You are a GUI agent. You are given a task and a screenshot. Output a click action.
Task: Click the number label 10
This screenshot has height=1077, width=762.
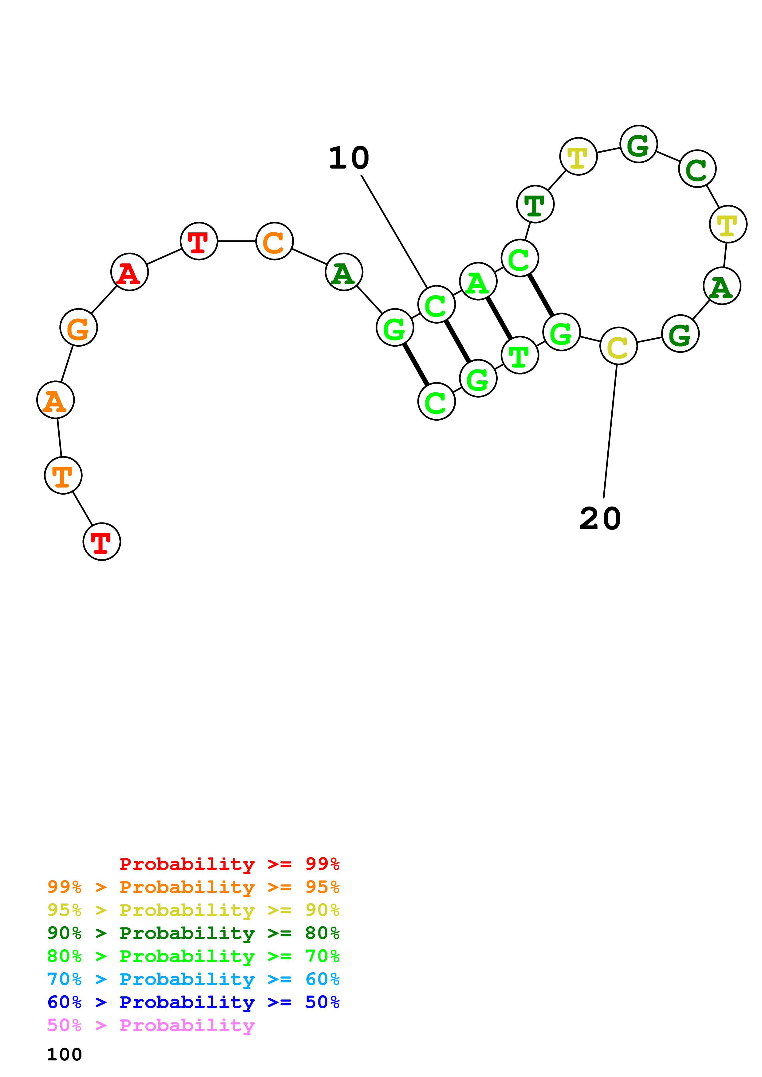coord(349,158)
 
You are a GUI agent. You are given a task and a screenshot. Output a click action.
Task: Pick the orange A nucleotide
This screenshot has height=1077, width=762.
coord(55,400)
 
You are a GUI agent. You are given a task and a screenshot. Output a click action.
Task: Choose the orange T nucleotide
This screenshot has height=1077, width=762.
coord(63,475)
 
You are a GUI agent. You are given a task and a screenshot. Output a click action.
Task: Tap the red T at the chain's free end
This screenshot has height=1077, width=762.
coord(102,542)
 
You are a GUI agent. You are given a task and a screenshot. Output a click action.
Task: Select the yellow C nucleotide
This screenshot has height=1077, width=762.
coord(619,346)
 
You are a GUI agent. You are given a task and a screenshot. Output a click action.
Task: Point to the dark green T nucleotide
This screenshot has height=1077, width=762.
coord(535,204)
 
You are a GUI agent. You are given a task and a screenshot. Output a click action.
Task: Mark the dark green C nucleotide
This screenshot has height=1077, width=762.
coord(697,169)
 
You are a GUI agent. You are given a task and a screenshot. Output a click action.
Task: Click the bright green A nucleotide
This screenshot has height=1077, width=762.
coord(478,282)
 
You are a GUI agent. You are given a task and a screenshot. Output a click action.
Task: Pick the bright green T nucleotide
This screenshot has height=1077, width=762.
coord(520,355)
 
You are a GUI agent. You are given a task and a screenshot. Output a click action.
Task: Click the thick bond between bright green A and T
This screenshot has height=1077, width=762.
coord(499,318)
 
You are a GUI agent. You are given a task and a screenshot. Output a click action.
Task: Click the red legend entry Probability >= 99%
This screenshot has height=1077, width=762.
coord(229,864)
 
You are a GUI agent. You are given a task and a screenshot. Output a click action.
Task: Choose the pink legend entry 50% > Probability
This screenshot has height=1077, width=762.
coord(151,1025)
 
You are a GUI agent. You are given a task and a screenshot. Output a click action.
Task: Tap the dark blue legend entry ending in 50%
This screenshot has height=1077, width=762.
coord(193,1002)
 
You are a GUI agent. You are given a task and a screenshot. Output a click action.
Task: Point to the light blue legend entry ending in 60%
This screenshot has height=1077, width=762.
coord(193,979)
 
